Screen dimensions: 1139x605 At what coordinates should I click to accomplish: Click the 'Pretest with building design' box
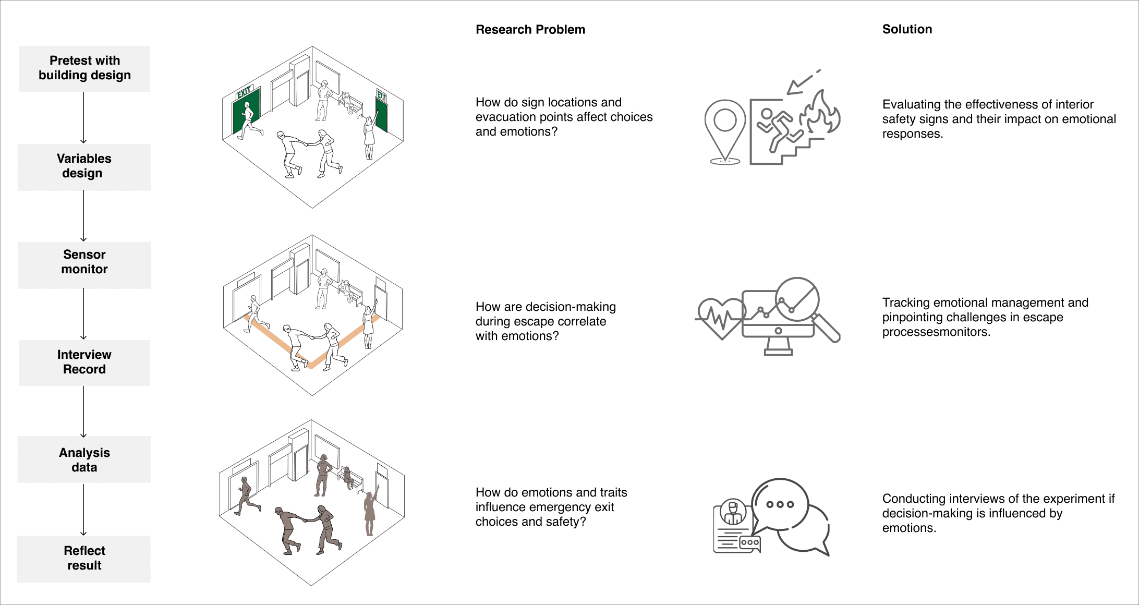[84, 69]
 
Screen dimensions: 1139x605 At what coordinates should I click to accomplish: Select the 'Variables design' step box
[84, 167]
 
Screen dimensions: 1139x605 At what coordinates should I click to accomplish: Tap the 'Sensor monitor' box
[84, 265]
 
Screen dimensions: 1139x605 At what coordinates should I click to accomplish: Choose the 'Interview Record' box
[84, 363]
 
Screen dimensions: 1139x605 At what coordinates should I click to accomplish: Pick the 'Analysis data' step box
[84, 459]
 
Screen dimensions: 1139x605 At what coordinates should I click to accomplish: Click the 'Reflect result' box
[84, 559]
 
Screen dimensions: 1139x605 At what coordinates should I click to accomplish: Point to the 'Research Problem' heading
[530, 30]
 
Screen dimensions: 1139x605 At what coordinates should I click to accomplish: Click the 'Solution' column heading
[907, 29]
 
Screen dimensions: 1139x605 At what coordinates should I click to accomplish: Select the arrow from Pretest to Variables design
[83, 118]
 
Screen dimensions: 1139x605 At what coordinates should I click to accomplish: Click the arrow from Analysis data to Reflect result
[83, 510]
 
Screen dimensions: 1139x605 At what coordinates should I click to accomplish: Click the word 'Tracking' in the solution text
[904, 303]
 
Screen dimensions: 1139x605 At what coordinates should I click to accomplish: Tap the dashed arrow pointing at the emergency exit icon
[803, 82]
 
